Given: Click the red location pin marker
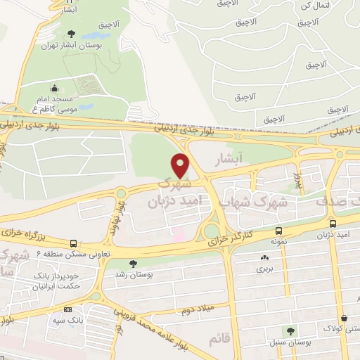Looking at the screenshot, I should point(181,165).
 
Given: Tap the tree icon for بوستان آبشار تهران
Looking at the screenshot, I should point(70,33).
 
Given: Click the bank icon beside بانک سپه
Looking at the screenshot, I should point(67,309).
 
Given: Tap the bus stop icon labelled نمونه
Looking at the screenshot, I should point(280,231).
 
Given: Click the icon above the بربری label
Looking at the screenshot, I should point(264,258).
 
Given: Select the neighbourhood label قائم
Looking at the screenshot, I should point(219,340).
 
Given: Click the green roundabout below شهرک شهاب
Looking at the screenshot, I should point(210,231).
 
